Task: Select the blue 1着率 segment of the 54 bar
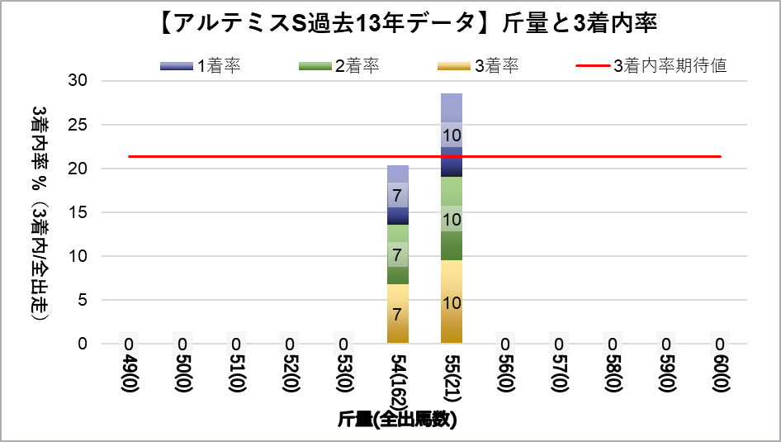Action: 397,195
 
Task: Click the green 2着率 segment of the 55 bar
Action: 452,219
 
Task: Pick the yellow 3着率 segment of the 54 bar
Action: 397,314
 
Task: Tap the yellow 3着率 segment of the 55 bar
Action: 452,302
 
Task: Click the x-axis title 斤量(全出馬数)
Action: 397,420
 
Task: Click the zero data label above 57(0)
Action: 559,344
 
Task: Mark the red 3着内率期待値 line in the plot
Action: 248,156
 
